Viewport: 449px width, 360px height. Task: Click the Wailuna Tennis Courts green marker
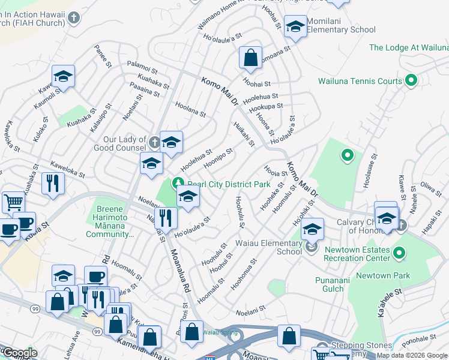(x=411, y=80)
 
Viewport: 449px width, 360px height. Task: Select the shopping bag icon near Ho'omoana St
(x=250, y=58)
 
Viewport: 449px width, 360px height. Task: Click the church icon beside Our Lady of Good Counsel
(x=154, y=142)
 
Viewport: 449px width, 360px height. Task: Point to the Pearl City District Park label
(x=229, y=184)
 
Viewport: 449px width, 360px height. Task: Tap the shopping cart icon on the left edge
(x=13, y=202)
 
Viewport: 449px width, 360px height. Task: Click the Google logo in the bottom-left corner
(x=19, y=353)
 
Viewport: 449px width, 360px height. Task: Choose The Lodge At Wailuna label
(x=408, y=47)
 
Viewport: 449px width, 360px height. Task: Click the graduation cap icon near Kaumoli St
(x=63, y=76)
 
